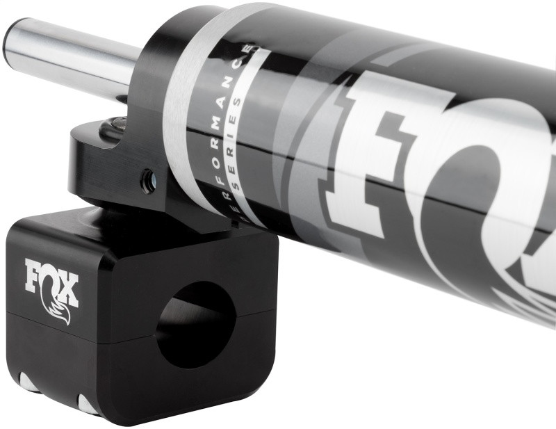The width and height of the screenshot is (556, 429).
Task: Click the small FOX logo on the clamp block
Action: pos(51,282)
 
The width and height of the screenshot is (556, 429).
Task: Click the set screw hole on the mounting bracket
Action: pos(148,182)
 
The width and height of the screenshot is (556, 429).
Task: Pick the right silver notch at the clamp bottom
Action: pos(88,403)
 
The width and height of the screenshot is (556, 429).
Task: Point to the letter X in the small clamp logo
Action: pos(69,286)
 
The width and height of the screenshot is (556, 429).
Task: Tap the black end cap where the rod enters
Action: pos(149,90)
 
